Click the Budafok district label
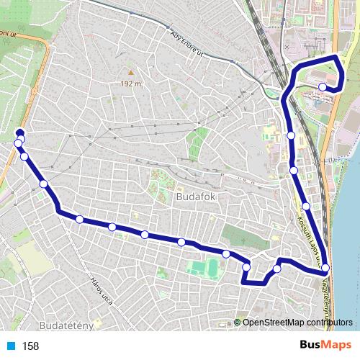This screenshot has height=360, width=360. click(191, 196)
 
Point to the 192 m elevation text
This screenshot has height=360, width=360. click(130, 84)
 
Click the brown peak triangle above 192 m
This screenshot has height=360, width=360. click(130, 73)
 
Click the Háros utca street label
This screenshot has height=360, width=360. click(101, 289)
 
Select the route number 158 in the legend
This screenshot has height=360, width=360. click(30, 346)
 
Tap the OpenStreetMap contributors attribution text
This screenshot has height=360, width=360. click(296, 322)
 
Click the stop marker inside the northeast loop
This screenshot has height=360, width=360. click(322, 88)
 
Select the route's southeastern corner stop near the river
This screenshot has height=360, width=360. click(325, 269)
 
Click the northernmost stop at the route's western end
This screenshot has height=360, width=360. click(19, 132)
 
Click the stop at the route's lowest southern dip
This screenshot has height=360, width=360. click(246, 268)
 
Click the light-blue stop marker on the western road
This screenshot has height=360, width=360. click(17, 144)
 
